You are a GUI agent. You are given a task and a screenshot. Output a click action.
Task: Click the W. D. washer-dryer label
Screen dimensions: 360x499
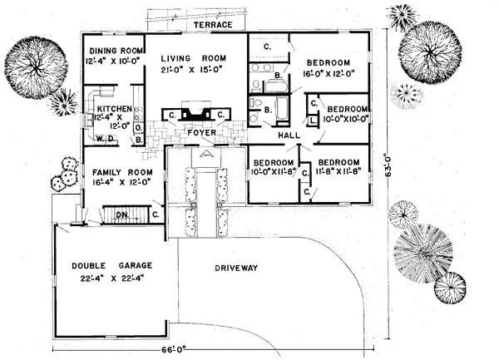click(x=104, y=139)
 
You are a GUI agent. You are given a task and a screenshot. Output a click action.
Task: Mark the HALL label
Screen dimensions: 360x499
click(x=288, y=134)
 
